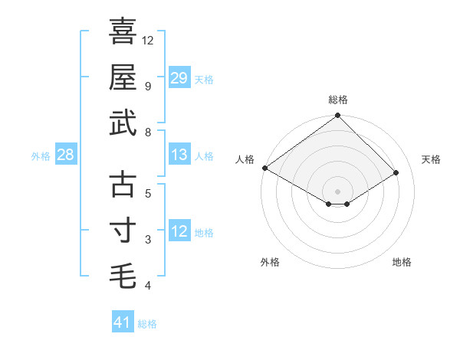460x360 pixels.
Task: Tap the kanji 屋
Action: click(123, 77)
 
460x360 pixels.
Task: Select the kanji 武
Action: click(123, 123)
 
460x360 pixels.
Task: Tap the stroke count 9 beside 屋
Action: click(148, 86)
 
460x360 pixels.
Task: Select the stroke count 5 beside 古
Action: click(148, 194)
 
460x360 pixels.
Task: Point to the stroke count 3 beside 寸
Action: click(148, 240)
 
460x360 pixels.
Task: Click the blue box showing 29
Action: click(179, 77)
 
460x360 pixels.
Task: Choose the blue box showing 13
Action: click(179, 155)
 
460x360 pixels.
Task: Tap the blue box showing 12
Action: click(179, 231)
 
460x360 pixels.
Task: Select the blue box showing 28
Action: click(66, 155)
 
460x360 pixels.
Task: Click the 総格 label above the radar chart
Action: click(338, 100)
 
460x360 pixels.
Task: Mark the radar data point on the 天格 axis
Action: click(396, 172)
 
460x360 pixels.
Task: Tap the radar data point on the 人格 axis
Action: click(264, 168)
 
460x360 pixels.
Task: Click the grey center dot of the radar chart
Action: click(337, 191)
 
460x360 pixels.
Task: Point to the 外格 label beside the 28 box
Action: click(41, 155)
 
